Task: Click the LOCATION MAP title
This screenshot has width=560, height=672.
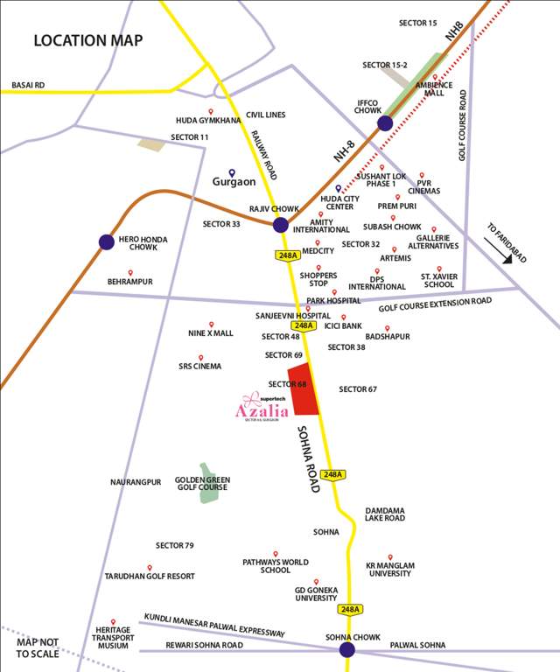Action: click(x=87, y=40)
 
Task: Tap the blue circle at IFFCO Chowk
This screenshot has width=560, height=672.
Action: click(x=385, y=123)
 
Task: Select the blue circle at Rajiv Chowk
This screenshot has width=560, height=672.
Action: click(x=280, y=225)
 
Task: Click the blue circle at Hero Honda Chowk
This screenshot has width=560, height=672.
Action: click(x=107, y=241)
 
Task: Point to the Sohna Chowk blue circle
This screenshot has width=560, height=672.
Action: click(x=347, y=649)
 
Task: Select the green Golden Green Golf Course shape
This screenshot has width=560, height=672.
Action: click(x=209, y=483)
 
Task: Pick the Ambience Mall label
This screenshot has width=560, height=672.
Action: click(x=438, y=89)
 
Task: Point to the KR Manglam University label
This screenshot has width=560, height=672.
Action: click(x=388, y=569)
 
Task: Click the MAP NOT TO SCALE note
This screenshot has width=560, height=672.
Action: click(x=37, y=647)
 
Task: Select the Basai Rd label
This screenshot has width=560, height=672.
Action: click(x=28, y=85)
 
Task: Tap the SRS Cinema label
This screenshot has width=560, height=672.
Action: click(x=200, y=367)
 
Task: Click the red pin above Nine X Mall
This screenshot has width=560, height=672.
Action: click(x=211, y=324)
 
